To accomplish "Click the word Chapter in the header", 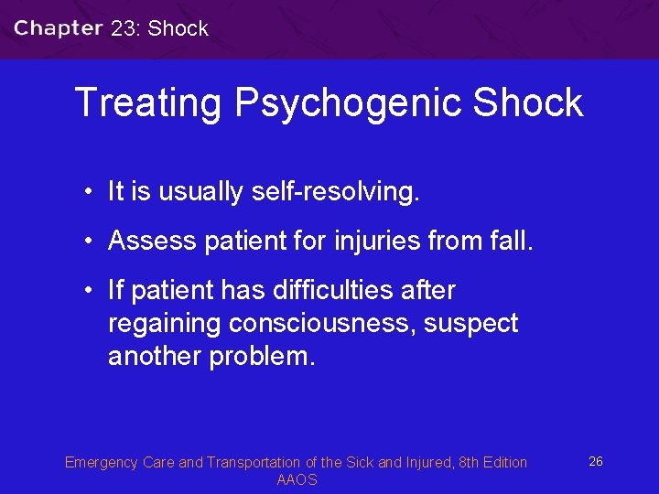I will pyautogui.click(x=58, y=27).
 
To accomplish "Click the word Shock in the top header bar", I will pyautogui.click(x=178, y=28).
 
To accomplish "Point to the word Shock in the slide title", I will pyautogui.click(x=528, y=102).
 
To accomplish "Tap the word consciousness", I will pyautogui.click(x=322, y=324).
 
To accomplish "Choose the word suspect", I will pyautogui.click(x=471, y=324).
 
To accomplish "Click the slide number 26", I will pyautogui.click(x=595, y=462).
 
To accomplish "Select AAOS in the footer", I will pyautogui.click(x=297, y=480).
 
